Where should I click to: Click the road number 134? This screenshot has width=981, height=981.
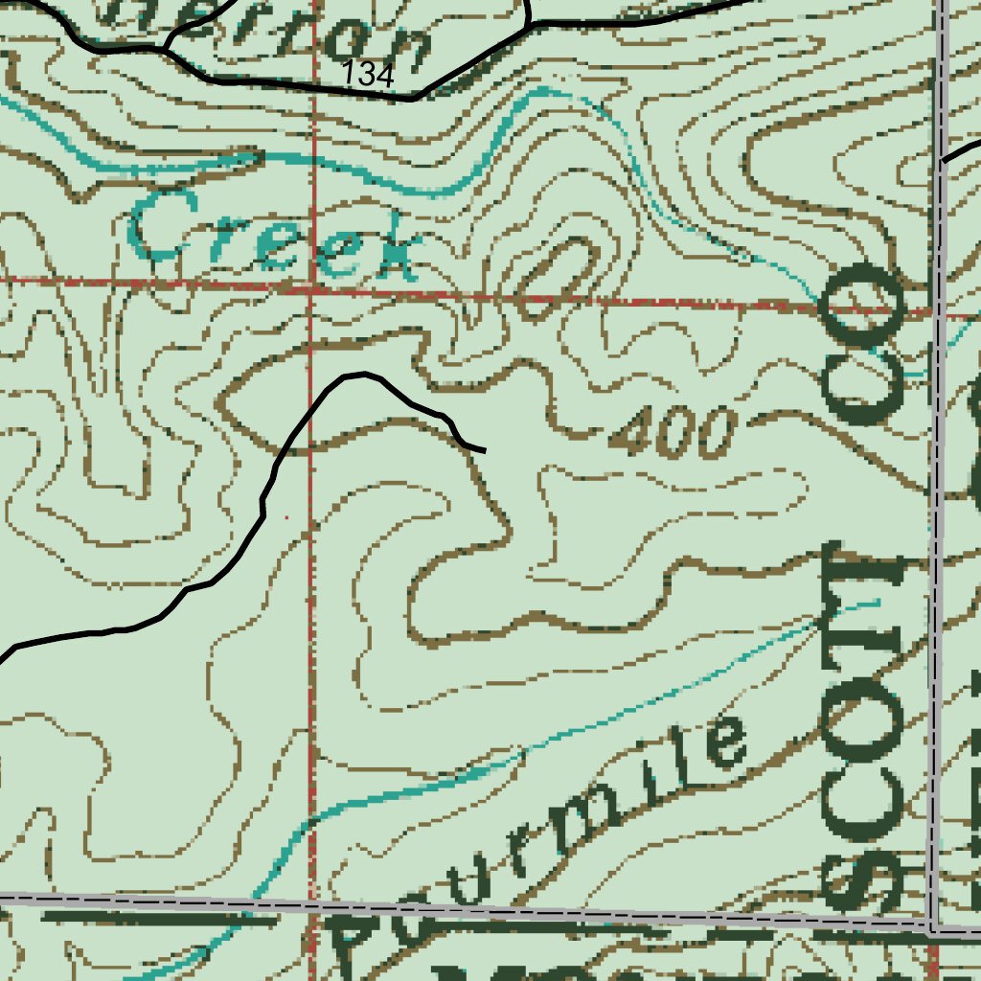pyautogui.click(x=368, y=74)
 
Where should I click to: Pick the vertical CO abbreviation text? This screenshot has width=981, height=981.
pyautogui.click(x=865, y=345)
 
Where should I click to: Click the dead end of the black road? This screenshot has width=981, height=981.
pyautogui.click(x=484, y=448)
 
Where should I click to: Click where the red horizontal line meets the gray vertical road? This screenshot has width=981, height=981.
pyautogui.click(x=938, y=311)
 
